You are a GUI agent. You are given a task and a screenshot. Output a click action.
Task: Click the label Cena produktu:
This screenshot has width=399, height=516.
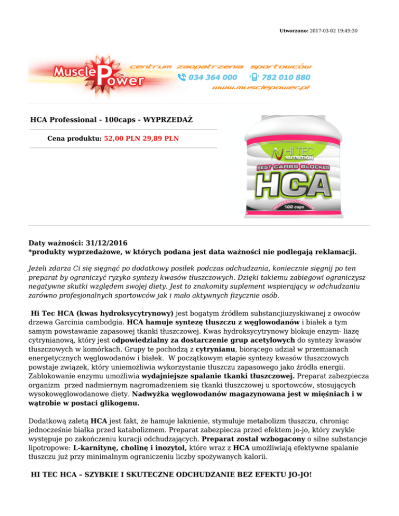click(75, 139)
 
